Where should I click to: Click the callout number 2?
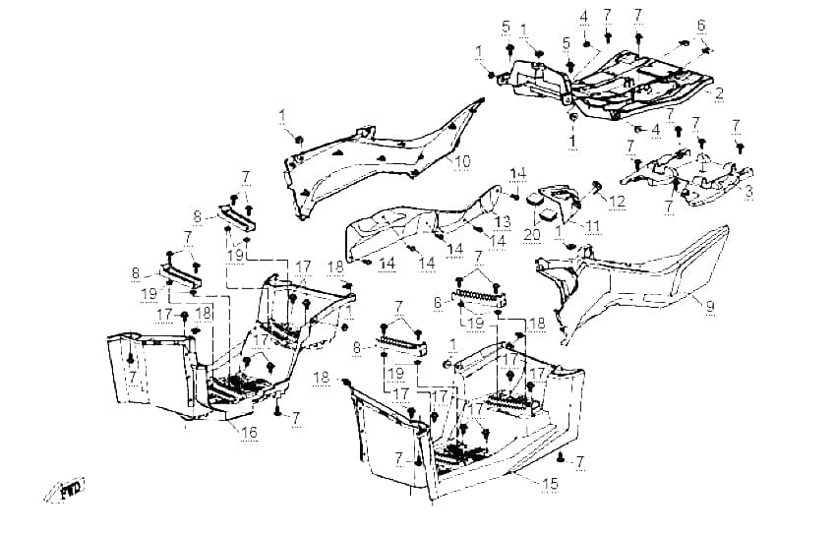[x=719, y=93]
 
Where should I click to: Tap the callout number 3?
[x=748, y=191]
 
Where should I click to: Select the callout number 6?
[x=701, y=25]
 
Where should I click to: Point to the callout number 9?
[x=710, y=306]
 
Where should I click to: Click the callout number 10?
[x=462, y=161]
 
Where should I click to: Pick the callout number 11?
[x=592, y=226]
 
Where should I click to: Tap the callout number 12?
[x=617, y=202]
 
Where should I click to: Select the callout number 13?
[x=503, y=221]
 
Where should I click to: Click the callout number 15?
[x=550, y=484]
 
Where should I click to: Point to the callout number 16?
[x=249, y=432]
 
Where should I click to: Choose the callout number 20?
[x=532, y=234]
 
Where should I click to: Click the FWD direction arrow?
[x=64, y=488]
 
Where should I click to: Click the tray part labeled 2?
[x=608, y=86]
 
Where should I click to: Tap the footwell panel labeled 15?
[x=469, y=421]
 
